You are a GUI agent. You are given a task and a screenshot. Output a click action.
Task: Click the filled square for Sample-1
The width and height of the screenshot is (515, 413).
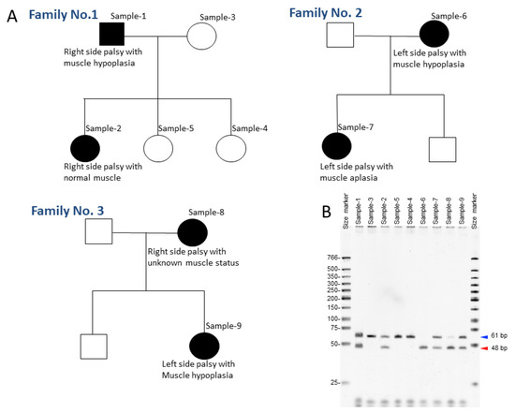[x=111, y=34]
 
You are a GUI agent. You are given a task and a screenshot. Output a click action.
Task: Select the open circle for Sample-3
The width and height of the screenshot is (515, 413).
[x=206, y=37]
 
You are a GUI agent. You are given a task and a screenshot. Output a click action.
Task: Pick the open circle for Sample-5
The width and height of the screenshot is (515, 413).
[x=159, y=148]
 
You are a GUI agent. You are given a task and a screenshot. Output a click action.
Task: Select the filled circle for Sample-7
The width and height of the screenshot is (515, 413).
[x=337, y=147]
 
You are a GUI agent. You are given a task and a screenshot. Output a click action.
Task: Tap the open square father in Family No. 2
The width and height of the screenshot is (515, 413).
[x=340, y=37]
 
